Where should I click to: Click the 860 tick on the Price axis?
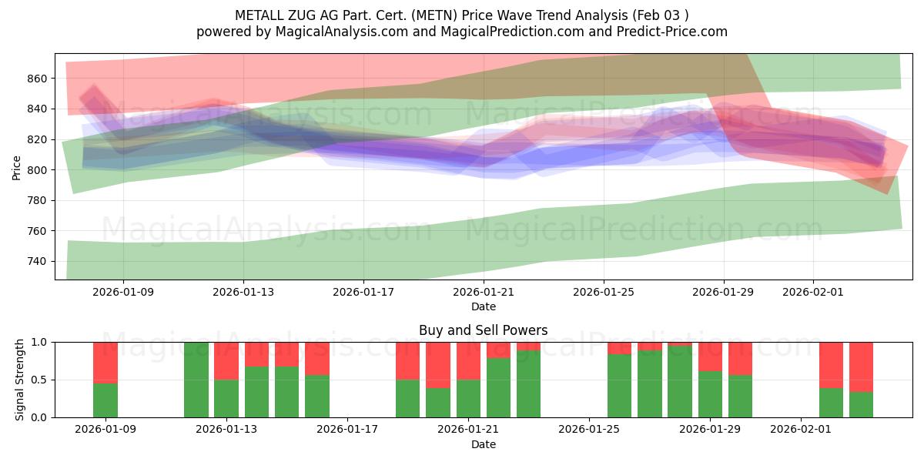(x=38, y=79)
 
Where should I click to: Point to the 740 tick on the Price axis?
(x=38, y=262)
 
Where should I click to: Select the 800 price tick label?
(x=38, y=170)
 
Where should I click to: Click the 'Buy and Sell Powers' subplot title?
(x=483, y=330)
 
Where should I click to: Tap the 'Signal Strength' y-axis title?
(x=20, y=380)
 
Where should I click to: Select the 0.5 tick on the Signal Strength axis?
(x=38, y=380)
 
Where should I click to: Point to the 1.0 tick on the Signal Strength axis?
(x=38, y=342)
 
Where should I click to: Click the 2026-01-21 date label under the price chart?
(x=483, y=292)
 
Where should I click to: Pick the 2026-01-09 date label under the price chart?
(x=123, y=292)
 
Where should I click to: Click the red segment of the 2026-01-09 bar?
(x=105, y=362)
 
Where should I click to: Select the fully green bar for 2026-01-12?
(x=196, y=380)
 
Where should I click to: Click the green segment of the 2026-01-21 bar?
(x=468, y=398)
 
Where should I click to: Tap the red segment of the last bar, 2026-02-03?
(x=861, y=367)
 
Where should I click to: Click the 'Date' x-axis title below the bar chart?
(x=483, y=444)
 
